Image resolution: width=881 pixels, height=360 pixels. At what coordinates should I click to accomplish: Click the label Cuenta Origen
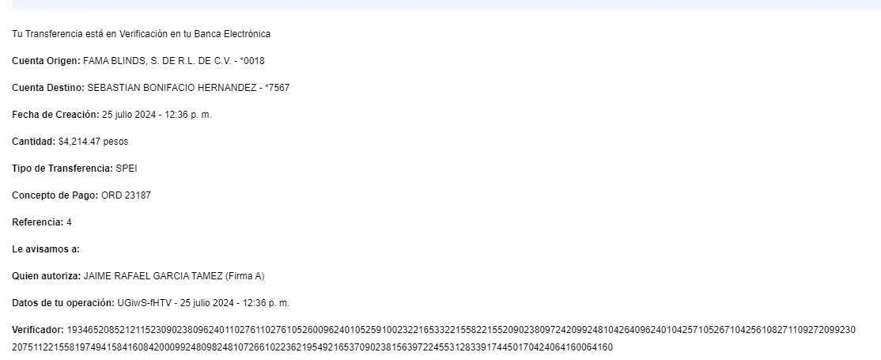coord(46,61)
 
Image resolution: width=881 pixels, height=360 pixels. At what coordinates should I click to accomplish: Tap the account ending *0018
coord(252,61)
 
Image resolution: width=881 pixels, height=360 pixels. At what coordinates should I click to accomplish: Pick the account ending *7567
coord(277,88)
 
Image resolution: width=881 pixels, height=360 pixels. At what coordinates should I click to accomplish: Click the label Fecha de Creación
coord(55,115)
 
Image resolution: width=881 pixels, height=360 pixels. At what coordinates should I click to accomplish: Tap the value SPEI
coord(127,169)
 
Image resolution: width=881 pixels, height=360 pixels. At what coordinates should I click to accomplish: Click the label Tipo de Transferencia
coord(62,169)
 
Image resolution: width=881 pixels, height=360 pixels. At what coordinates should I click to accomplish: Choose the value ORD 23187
coord(127,195)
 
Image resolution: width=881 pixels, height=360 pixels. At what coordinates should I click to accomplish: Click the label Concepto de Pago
coord(55,195)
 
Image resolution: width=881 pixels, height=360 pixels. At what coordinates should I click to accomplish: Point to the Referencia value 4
coord(70,222)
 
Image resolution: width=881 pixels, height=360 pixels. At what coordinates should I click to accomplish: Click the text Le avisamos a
coord(47,249)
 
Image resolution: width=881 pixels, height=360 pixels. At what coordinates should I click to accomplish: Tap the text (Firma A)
coord(245,276)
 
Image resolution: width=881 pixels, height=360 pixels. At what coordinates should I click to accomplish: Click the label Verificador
coord(38,328)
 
